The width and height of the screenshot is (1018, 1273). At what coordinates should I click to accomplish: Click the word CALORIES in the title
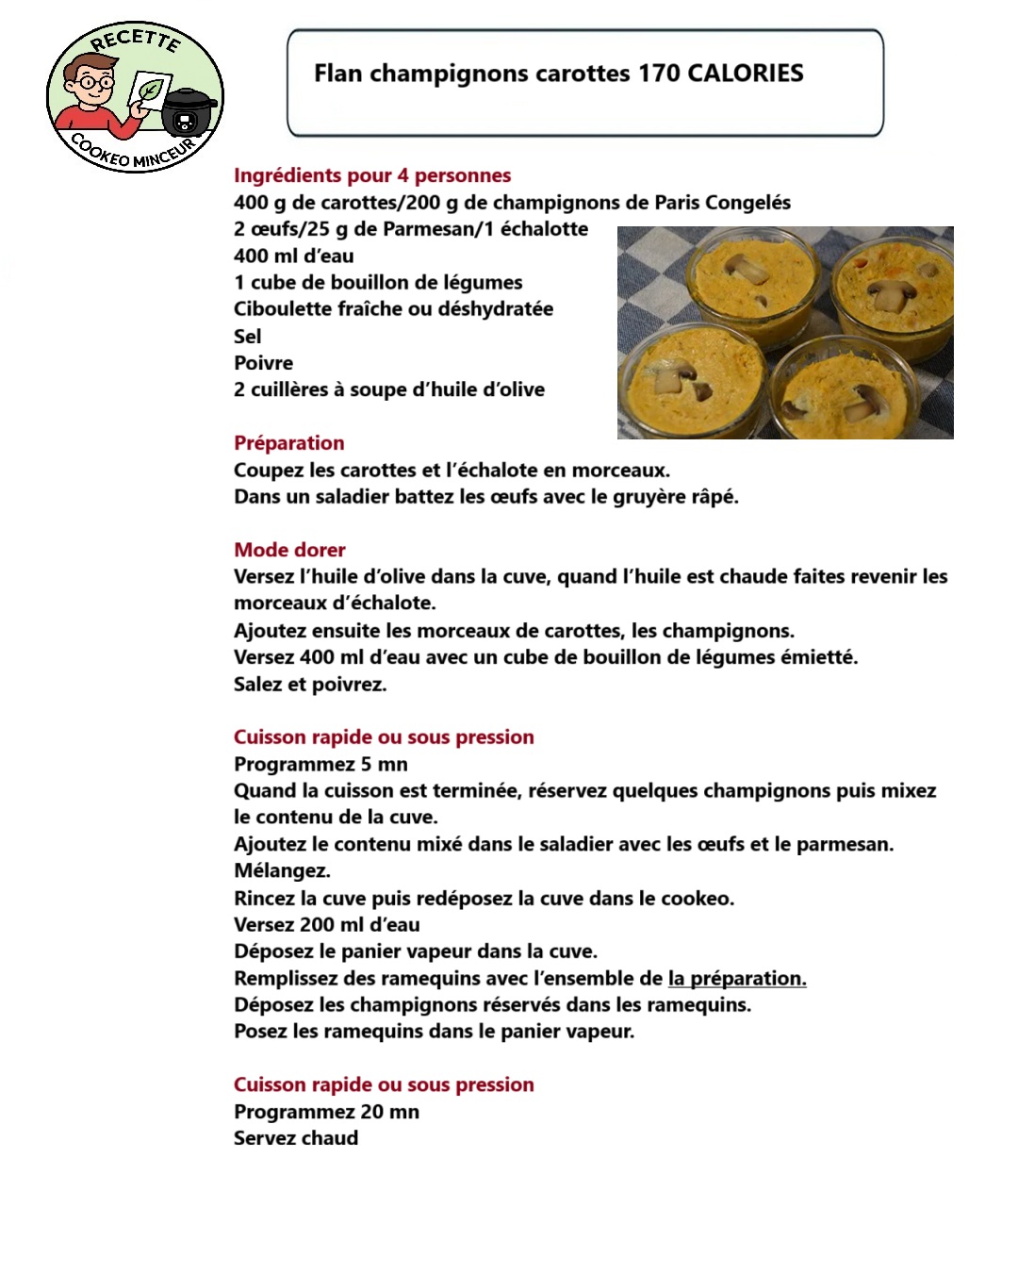point(745,74)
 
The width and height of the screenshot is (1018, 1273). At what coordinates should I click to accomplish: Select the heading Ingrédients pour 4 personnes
point(372,175)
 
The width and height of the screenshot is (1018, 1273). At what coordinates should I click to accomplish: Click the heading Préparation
point(289,443)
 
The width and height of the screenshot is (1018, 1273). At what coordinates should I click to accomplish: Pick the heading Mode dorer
point(289,550)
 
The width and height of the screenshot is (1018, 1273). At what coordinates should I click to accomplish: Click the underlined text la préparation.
point(737,979)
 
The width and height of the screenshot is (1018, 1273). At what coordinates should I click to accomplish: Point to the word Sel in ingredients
point(248,337)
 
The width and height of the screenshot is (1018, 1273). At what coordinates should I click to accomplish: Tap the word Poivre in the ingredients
point(263,363)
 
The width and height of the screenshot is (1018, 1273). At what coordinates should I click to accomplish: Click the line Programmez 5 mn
point(320,765)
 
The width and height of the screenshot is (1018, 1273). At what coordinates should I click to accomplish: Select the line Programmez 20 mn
point(326,1112)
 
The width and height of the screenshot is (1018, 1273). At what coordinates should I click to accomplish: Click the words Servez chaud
point(296,1138)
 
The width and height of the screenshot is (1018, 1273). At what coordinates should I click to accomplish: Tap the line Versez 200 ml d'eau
point(327,925)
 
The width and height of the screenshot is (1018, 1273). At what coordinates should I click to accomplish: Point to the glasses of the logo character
point(95,82)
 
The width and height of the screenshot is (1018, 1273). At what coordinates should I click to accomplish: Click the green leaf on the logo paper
point(149,91)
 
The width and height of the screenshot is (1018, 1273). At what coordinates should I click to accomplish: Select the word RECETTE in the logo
point(135,41)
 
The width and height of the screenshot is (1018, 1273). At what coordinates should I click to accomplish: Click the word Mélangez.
point(282,871)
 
